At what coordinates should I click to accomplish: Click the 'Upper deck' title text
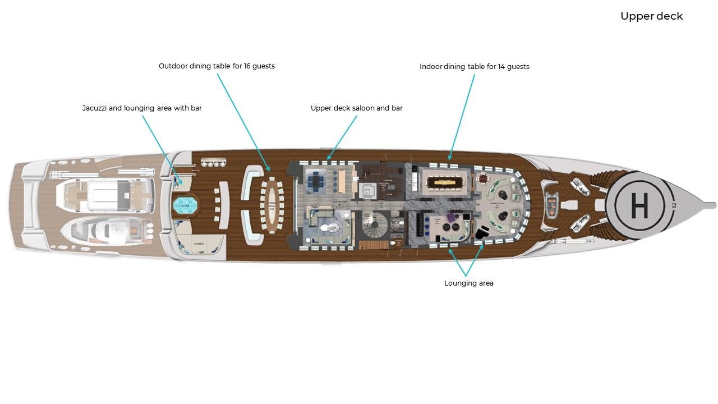pyautogui.click(x=651, y=16)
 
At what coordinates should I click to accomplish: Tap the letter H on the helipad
pyautogui.click(x=639, y=206)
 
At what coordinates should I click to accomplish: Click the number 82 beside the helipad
pyautogui.click(x=674, y=205)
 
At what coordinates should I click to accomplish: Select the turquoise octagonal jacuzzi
pyautogui.click(x=185, y=206)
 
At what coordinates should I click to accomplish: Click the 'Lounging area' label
pyautogui.click(x=468, y=283)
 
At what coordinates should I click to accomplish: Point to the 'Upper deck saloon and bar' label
pyautogui.click(x=356, y=108)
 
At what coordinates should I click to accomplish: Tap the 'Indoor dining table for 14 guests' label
pyautogui.click(x=474, y=67)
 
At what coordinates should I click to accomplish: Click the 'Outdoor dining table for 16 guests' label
pyautogui.click(x=217, y=66)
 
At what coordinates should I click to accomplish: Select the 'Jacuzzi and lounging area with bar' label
pyautogui.click(x=142, y=108)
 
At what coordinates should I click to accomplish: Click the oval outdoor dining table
pyautogui.click(x=272, y=205)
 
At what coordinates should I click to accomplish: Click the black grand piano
pyautogui.click(x=481, y=231)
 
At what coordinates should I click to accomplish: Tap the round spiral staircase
pyautogui.click(x=374, y=227)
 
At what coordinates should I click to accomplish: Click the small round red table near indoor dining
pyautogui.click(x=483, y=180)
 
